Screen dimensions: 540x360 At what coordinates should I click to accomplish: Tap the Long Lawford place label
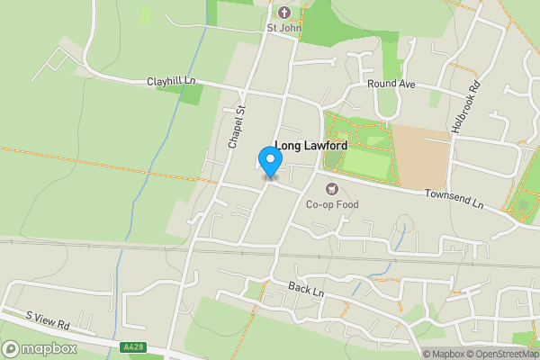310,145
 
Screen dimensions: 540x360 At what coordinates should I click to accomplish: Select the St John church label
283,27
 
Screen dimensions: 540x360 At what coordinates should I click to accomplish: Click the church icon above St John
284,13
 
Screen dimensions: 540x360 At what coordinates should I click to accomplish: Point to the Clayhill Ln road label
171,82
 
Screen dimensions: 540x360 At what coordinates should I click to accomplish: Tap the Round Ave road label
391,84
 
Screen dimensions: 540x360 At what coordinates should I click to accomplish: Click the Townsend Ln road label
454,200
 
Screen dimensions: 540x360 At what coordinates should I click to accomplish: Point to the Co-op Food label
332,205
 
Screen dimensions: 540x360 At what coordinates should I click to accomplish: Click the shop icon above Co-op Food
332,190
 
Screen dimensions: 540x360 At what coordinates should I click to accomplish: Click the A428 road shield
131,346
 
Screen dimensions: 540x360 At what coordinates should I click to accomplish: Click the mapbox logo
40,348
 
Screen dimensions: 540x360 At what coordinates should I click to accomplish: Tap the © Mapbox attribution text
444,354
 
